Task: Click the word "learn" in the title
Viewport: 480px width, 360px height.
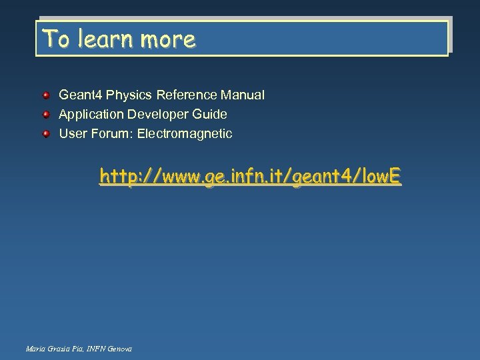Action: click(104, 39)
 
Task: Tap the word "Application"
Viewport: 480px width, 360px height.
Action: click(89, 115)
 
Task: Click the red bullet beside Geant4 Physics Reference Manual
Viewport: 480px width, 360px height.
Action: click(47, 95)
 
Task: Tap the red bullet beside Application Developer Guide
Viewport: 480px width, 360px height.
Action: click(47, 115)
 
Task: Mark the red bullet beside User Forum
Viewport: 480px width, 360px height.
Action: click(47, 134)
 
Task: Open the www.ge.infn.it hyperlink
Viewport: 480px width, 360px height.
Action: click(250, 177)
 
